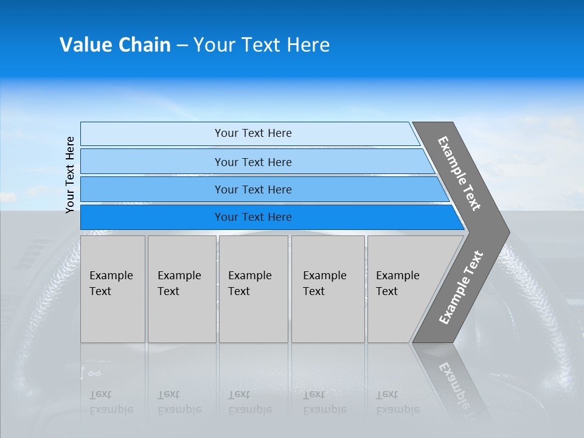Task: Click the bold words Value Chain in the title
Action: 115,45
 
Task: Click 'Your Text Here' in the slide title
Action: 262,45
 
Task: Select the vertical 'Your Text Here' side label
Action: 70,175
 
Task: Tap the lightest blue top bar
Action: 252,133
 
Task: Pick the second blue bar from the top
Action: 252,162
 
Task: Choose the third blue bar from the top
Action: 252,189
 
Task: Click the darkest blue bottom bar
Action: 252,217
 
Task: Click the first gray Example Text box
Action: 113,289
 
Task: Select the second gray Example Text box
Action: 181,289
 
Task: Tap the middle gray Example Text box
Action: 253,289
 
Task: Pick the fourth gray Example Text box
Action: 328,289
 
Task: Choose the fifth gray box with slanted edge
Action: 401,289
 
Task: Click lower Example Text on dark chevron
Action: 461,287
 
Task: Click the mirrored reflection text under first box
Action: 111,402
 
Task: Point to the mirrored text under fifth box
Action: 397,402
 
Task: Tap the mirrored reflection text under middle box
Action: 249,402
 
